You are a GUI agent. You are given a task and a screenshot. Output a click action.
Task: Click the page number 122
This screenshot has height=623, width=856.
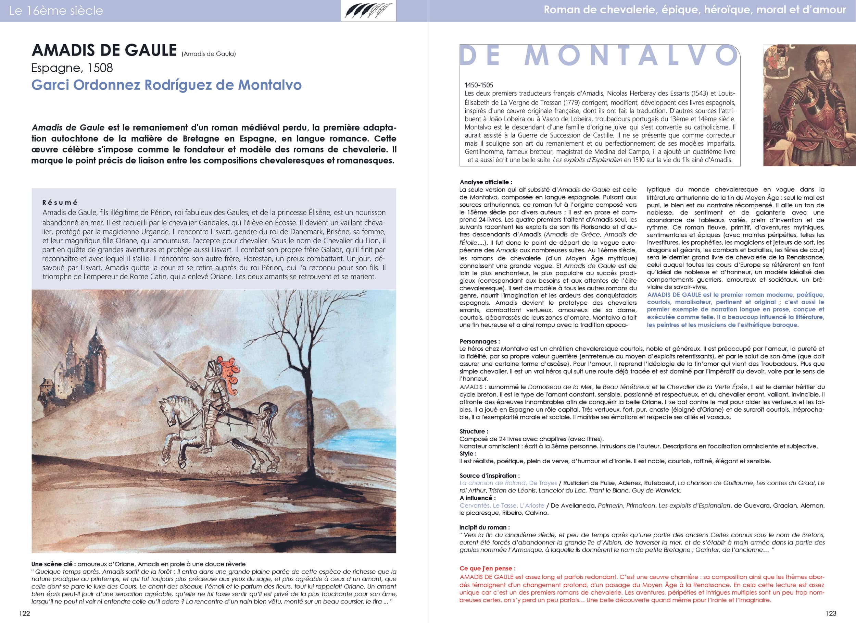point(25,613)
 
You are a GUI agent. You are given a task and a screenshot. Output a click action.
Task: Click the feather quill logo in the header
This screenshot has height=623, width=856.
point(368,11)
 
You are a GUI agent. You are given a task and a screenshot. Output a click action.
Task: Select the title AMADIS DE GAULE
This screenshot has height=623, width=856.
point(104,50)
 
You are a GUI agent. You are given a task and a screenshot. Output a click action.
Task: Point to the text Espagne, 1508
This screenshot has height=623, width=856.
point(72,68)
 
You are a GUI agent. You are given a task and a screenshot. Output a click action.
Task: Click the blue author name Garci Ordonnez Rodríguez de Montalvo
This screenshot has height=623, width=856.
point(166,85)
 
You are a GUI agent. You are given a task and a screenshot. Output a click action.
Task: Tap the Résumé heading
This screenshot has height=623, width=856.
point(60,203)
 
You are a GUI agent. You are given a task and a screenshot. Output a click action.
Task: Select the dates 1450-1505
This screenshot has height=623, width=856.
point(479,85)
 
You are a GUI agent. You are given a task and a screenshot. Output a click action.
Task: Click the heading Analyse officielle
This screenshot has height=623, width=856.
point(486,182)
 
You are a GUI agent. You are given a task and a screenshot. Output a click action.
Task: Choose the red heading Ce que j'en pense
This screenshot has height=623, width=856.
point(487,568)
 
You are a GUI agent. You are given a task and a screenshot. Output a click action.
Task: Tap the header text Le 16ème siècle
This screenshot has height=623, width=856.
point(56,11)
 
